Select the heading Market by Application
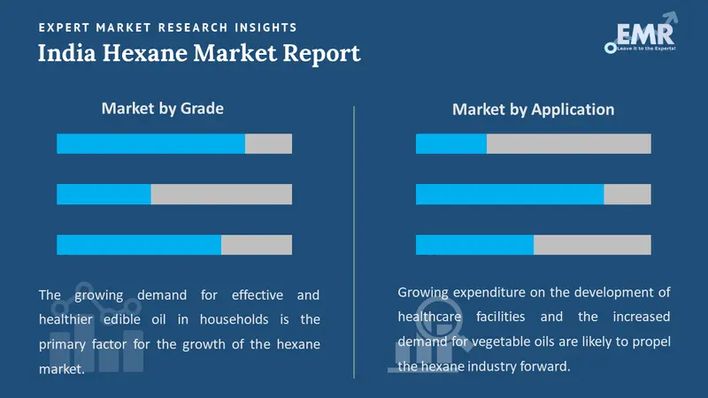click(533, 110)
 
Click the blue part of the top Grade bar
click(150, 143)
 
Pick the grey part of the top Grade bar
click(268, 143)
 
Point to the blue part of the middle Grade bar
click(104, 195)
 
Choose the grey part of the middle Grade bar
click(221, 195)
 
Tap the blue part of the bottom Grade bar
click(139, 245)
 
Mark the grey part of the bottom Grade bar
click(257, 245)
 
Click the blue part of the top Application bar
click(451, 143)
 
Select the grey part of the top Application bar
click(569, 143)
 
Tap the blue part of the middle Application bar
click(510, 195)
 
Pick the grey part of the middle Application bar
click(627, 195)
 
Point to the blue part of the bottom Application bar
click(474, 245)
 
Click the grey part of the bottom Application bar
click(592, 245)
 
